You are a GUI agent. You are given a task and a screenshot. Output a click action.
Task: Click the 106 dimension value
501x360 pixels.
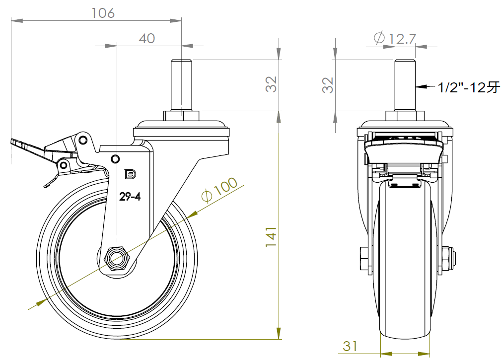(103, 13)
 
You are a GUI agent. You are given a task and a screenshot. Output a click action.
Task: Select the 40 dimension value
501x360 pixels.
(147, 39)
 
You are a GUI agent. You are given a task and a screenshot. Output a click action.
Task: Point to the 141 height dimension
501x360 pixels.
(271, 236)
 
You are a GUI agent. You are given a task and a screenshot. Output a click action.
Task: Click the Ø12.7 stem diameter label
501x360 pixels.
(395, 38)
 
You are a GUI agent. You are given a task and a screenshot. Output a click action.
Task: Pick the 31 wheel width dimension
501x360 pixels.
(350, 346)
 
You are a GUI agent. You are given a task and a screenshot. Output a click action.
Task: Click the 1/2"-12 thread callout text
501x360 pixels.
(468, 87)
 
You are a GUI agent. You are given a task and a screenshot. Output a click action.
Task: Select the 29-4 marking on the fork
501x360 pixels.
(130, 197)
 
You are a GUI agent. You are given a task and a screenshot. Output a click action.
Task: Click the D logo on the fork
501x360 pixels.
(131, 174)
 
